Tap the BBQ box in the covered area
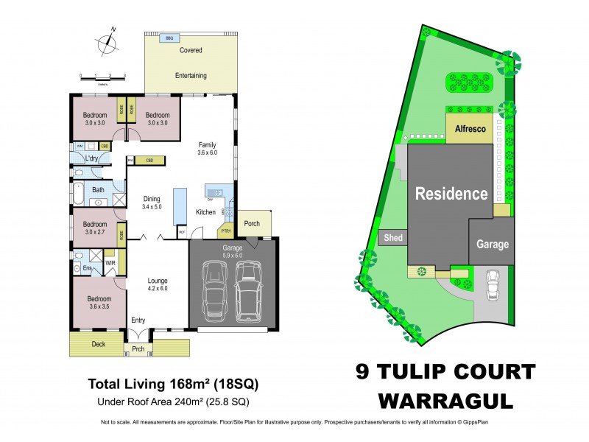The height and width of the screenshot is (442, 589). click(x=169, y=38)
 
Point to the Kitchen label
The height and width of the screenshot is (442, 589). click(x=205, y=212)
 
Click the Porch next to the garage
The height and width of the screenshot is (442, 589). click(x=252, y=224)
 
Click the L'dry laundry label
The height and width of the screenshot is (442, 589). click(x=92, y=159)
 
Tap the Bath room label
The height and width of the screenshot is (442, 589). click(x=98, y=190)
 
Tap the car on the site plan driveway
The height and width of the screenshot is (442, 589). click(x=493, y=285)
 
